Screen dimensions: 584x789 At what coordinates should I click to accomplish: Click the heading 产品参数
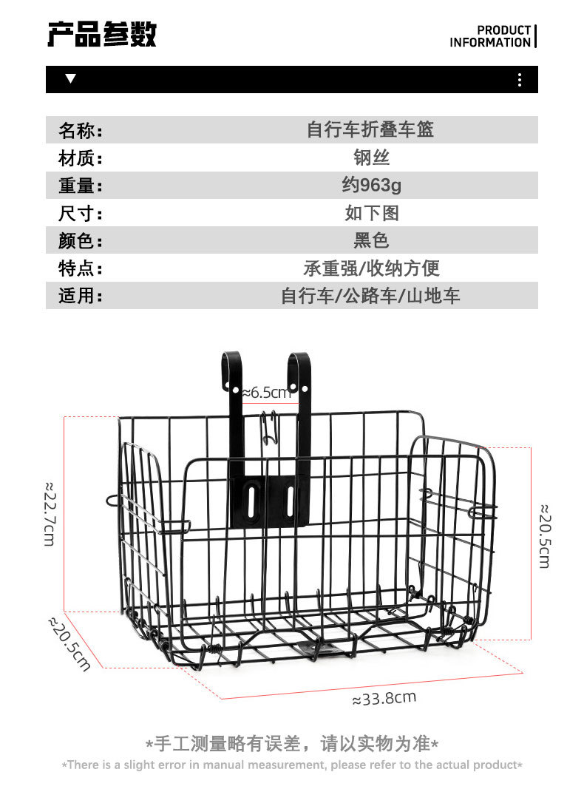(102, 34)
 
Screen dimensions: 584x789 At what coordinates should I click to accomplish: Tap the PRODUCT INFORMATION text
(490, 36)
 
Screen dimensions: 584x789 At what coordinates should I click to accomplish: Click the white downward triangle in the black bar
(70, 79)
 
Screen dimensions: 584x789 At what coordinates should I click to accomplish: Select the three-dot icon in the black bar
(520, 80)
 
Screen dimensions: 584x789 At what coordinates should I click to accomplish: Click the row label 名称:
(80, 131)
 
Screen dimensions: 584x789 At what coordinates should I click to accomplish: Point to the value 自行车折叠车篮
(370, 130)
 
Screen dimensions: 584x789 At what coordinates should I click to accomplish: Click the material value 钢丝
(371, 158)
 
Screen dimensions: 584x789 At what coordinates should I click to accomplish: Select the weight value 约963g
(371, 185)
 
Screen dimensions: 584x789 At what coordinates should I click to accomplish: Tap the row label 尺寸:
(80, 214)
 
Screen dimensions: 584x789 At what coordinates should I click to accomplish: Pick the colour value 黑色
(371, 240)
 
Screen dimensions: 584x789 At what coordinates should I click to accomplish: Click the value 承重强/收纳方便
(371, 268)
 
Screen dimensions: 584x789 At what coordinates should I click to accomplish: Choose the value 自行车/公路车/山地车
(371, 296)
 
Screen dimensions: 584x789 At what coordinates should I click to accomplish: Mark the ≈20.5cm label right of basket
(544, 536)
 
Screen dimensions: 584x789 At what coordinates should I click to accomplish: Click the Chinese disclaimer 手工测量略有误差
(292, 743)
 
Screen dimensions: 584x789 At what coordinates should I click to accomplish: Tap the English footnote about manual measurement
(292, 765)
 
